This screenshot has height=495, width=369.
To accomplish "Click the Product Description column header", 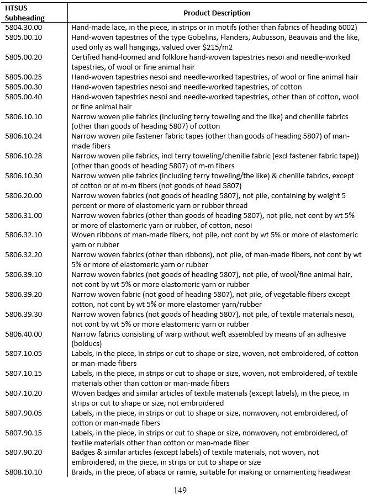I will (x=217, y=13).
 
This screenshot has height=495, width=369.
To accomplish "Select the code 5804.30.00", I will (x=23, y=27).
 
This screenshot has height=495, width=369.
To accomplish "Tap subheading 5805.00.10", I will (x=23, y=37).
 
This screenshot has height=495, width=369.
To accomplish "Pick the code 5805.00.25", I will (x=23, y=77).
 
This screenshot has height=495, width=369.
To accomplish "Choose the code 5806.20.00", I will (x=23, y=196).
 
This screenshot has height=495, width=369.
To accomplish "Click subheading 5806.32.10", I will (x=23, y=235).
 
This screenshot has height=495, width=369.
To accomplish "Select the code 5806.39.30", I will (x=23, y=315).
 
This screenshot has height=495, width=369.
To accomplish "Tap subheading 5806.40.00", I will (x=23, y=334).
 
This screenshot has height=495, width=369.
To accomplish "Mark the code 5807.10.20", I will (x=23, y=393).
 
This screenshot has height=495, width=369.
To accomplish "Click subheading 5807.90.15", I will (x=23, y=433).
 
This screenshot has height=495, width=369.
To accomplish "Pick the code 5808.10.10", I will (x=23, y=472).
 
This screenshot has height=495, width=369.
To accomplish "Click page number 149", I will (x=180, y=489).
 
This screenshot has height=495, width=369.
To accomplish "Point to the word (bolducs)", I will (x=88, y=344).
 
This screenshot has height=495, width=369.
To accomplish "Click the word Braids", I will (x=82, y=472).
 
